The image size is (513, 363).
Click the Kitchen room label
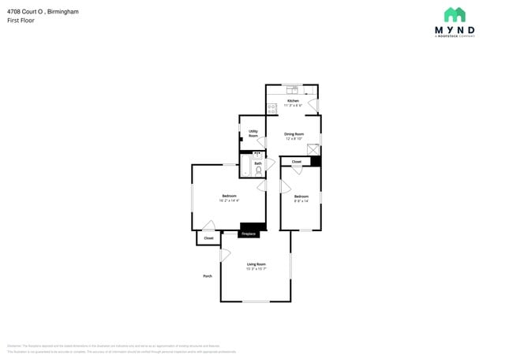click(x=293, y=101)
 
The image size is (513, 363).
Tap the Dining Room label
click(x=294, y=134)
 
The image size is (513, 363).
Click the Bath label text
click(x=257, y=163)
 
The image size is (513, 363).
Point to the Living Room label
click(x=256, y=264)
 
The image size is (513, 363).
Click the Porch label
click(x=208, y=276)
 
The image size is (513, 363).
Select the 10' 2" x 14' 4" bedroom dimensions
click(x=229, y=200)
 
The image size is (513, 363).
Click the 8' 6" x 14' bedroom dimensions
click(x=301, y=200)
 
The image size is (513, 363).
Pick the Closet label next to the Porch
click(x=208, y=238)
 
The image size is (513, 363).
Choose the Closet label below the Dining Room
click(x=297, y=162)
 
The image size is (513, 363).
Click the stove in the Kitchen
click(x=271, y=107)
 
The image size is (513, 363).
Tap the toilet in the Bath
click(x=259, y=170)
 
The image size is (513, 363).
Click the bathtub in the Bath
click(x=245, y=166)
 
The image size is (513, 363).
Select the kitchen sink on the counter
click(x=291, y=88)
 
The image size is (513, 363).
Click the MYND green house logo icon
click(x=454, y=15)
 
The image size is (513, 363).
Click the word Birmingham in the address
click(x=61, y=12)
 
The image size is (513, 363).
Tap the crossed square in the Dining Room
click(x=313, y=149)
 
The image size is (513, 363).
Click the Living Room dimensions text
click(x=256, y=269)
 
